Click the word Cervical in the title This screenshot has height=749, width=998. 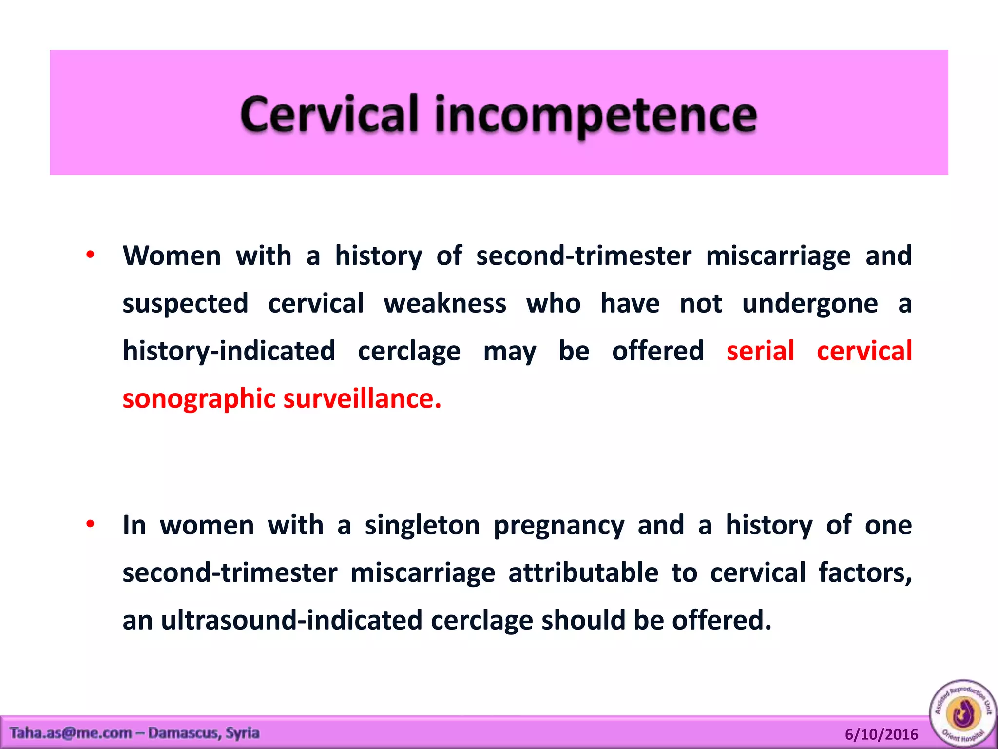click(x=329, y=114)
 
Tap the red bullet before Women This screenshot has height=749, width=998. click(x=90, y=255)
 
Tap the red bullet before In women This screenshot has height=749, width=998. click(x=90, y=524)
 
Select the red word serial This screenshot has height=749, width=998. click(x=760, y=351)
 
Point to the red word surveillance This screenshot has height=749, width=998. click(x=362, y=398)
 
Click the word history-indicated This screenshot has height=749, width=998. click(x=229, y=351)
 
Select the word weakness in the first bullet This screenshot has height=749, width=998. click(x=445, y=303)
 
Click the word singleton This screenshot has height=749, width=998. click(x=422, y=526)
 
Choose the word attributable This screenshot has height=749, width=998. click(x=583, y=572)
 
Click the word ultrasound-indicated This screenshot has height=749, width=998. click(x=291, y=620)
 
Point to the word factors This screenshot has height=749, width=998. click(x=864, y=572)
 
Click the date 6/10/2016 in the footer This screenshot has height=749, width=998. click(x=881, y=734)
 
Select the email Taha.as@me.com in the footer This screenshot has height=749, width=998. click(x=71, y=733)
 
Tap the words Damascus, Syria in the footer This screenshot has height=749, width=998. click(x=204, y=733)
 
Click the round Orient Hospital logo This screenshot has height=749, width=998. click(x=963, y=713)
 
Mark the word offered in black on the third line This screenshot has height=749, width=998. click(x=657, y=351)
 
